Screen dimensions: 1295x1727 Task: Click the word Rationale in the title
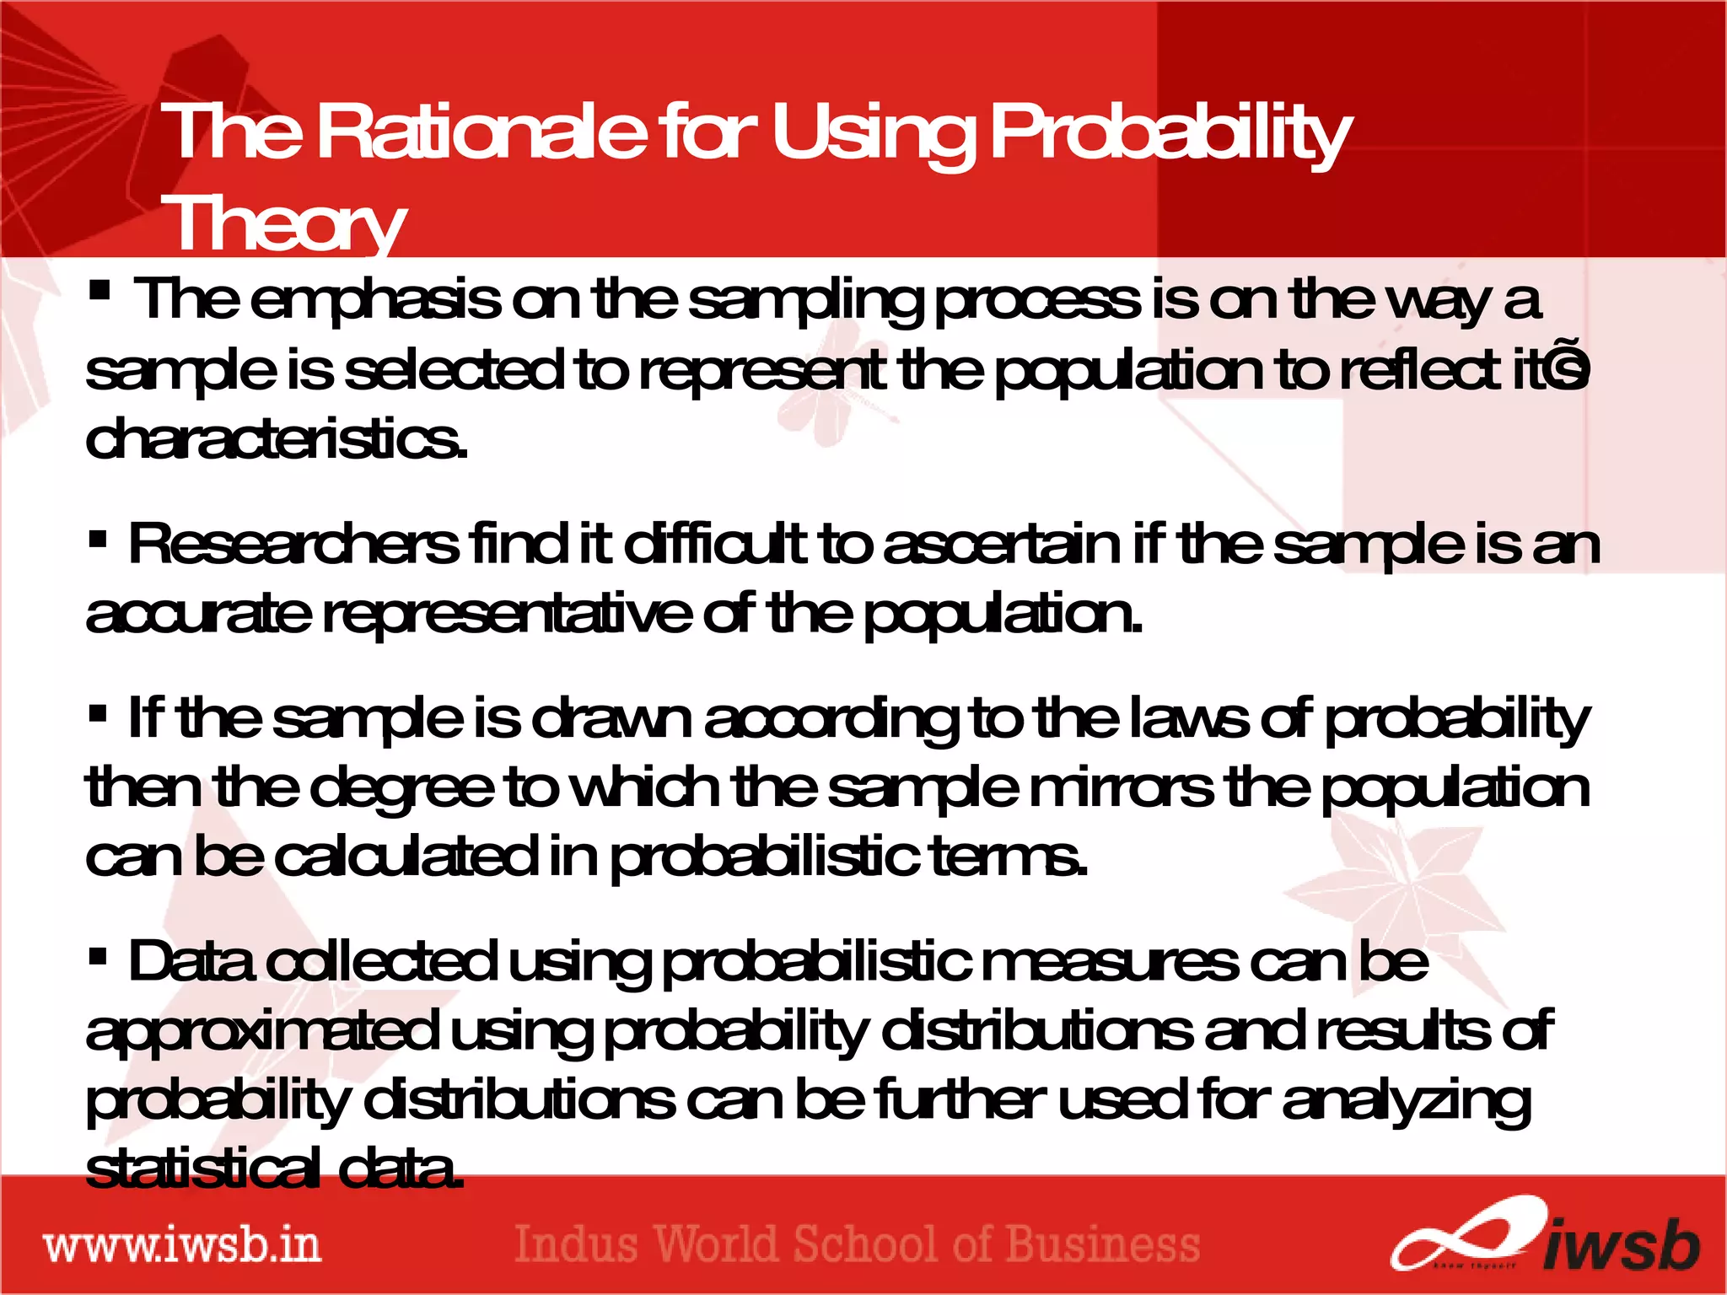tap(482, 132)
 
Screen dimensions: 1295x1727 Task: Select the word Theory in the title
tap(284, 223)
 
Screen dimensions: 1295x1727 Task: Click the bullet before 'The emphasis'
tap(100, 292)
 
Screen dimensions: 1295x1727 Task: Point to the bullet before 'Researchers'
tap(98, 538)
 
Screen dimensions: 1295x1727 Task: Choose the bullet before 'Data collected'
tap(98, 956)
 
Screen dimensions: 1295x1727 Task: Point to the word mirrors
tap(1122, 788)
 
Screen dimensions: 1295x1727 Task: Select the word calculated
tap(406, 857)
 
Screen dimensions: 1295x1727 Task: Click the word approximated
tap(261, 1032)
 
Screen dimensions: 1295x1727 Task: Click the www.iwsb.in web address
tap(182, 1245)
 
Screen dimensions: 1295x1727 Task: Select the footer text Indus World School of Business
tap(857, 1244)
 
